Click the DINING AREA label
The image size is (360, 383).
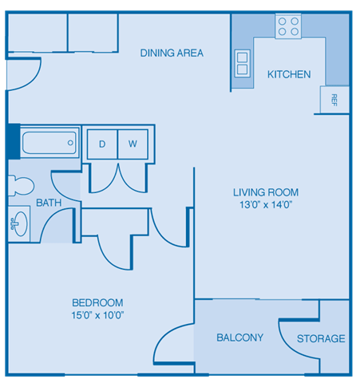172,53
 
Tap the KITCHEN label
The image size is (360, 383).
288,74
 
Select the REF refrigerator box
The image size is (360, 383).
334,100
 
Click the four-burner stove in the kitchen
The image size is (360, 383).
287,27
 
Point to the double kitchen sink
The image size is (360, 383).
242,63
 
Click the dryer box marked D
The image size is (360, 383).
102,144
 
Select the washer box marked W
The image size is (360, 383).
133,144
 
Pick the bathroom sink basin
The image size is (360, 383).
18,223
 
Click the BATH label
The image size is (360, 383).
49,203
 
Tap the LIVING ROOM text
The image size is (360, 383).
266,192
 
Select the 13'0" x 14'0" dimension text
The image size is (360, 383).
266,205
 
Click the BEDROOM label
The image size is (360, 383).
97,302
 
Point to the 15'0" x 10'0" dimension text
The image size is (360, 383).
97,315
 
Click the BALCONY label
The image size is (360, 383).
239,338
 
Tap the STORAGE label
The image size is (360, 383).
321,338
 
